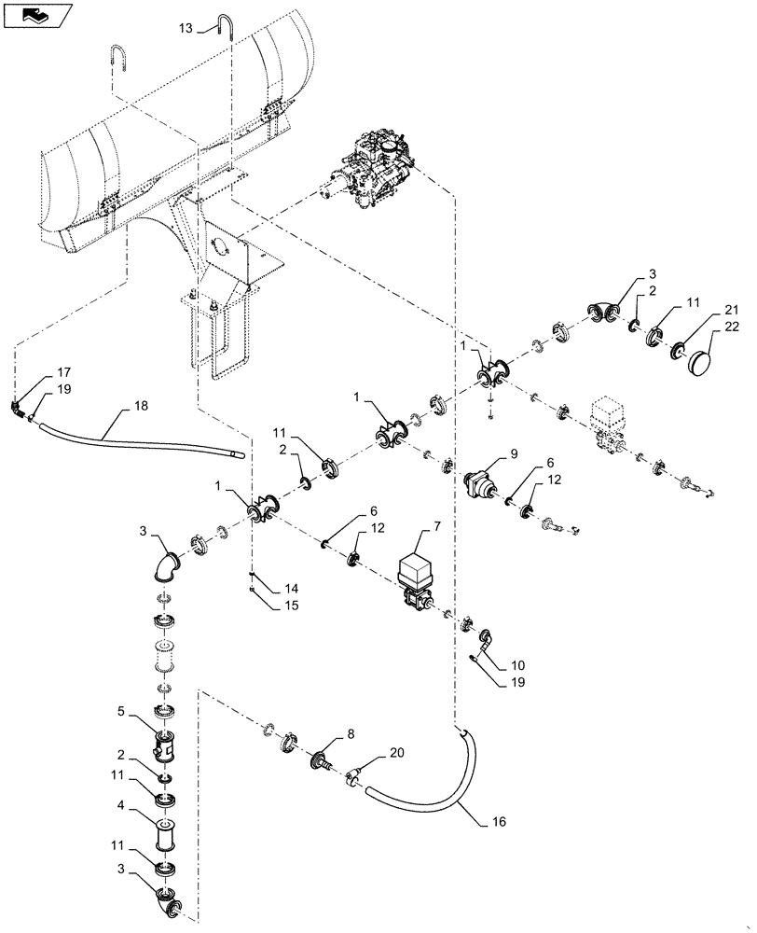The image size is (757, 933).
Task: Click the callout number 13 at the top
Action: (185, 29)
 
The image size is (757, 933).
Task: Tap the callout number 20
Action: (397, 753)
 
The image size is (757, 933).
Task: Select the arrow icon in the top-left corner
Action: (34, 14)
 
